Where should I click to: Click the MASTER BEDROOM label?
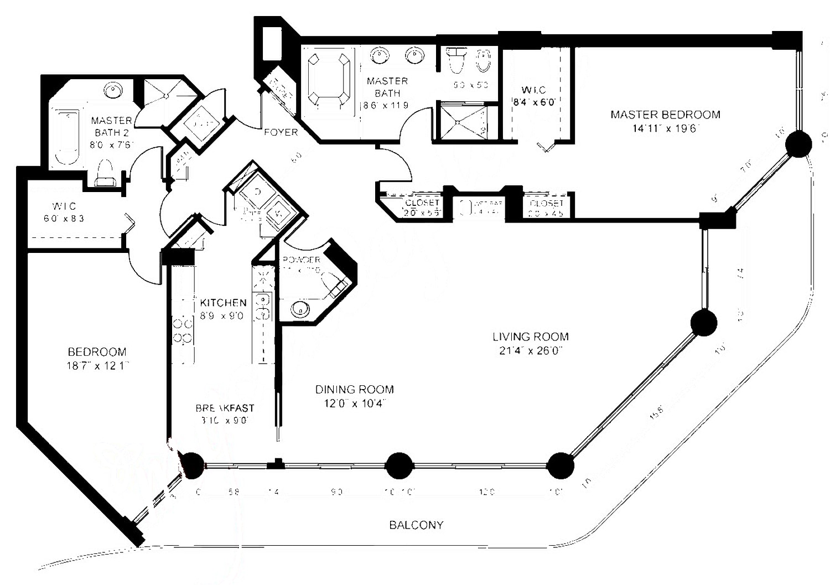[x=665, y=115]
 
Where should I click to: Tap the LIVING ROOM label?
[x=530, y=336]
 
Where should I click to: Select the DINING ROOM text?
[x=354, y=390]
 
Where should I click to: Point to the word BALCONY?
[x=416, y=525]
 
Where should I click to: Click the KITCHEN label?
[x=223, y=303]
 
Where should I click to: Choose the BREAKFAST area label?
[x=225, y=408]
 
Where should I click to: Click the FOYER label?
[x=281, y=132]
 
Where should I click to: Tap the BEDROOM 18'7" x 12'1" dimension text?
[x=97, y=365]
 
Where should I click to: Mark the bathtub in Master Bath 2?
[x=67, y=136]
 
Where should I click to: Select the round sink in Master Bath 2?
[x=113, y=90]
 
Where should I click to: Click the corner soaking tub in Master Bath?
[x=329, y=77]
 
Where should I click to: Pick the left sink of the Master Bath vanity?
[x=379, y=55]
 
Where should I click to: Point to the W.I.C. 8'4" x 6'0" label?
[x=533, y=96]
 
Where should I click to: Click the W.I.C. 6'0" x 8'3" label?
[x=64, y=213]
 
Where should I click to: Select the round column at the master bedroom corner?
[x=798, y=143]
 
